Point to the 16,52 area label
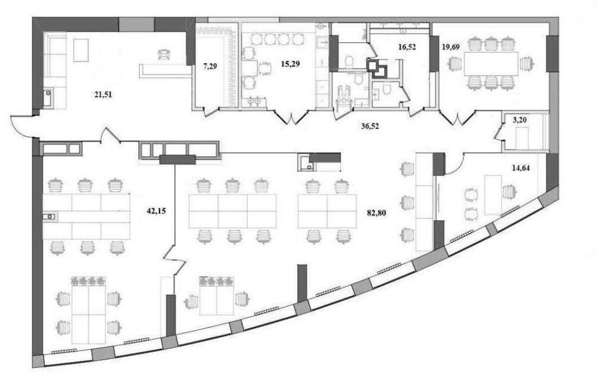(x=406, y=48)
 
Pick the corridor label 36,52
(x=370, y=126)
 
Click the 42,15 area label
(x=156, y=210)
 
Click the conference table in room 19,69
(x=491, y=64)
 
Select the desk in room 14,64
(x=492, y=194)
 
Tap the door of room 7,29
(x=212, y=111)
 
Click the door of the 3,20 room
(x=497, y=132)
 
